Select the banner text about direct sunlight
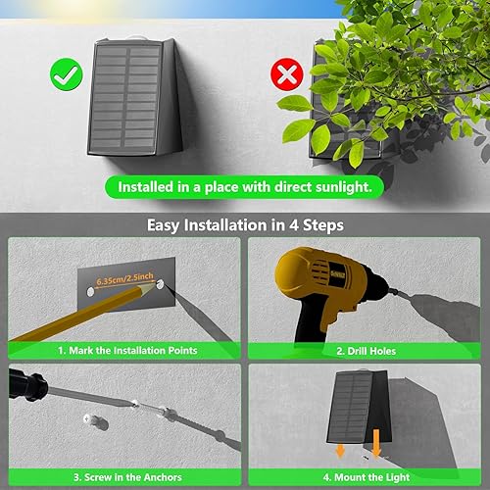point(244,186)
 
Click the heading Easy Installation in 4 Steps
point(245,224)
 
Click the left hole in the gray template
point(91,291)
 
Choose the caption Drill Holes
point(367,350)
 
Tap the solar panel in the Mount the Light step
point(353,412)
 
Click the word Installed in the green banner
point(148,186)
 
